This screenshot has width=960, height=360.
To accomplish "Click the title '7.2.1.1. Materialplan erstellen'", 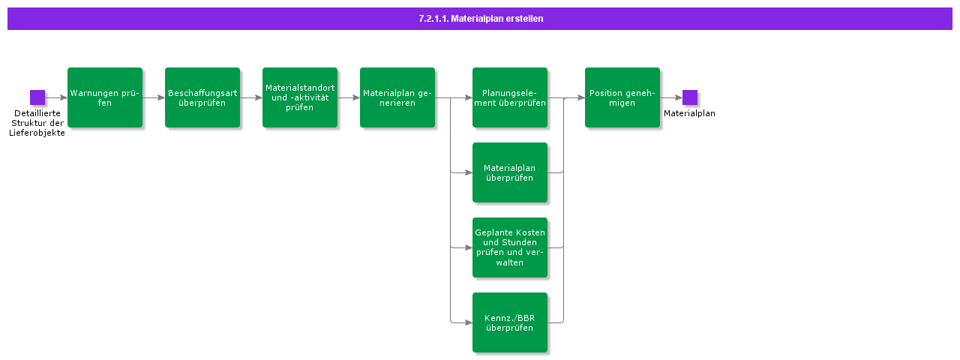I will point(480,19).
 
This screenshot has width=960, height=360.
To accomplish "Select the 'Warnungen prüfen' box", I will point(105,97).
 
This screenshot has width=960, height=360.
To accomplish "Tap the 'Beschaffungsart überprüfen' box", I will point(202,97).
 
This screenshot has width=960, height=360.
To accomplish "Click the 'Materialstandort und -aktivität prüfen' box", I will point(300,97).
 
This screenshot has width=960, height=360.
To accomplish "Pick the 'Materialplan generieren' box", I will point(397,97).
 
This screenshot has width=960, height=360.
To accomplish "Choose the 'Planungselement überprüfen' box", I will point(510,97).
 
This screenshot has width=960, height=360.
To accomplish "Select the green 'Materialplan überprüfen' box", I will point(510,172).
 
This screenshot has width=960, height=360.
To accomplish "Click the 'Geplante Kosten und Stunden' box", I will point(510,247).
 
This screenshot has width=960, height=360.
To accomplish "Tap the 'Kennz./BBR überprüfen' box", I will point(510,322).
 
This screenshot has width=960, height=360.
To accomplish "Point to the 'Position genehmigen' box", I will point(622,97).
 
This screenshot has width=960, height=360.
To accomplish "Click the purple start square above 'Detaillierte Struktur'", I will point(37,97).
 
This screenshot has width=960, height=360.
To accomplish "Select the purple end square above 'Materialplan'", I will point(690,97).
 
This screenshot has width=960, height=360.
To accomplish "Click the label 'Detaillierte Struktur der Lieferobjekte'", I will point(37,123).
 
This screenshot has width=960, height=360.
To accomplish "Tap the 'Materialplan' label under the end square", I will point(689,114).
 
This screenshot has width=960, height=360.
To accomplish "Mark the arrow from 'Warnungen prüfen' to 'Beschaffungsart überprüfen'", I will point(154,97).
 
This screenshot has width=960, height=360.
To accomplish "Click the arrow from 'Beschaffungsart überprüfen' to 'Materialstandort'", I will point(251,97).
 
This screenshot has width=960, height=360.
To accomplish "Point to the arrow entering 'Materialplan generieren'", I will point(349,97).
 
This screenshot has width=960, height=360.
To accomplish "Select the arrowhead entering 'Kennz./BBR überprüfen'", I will point(469,322).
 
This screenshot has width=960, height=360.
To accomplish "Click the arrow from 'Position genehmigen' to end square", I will point(671,97).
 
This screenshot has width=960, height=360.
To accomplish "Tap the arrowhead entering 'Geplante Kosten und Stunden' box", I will point(469,247).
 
